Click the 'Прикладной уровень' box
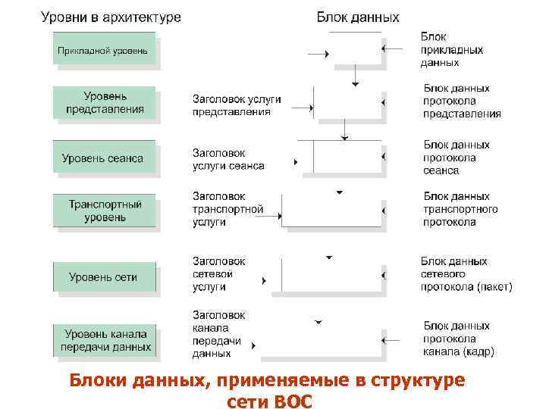(105, 51)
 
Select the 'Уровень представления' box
(105, 102)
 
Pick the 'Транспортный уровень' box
(105, 211)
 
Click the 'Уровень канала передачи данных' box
(105, 340)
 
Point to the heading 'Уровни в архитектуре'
(111, 17)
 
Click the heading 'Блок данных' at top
(357, 17)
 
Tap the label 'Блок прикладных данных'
(451, 49)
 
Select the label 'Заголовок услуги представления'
(237, 105)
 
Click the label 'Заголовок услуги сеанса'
(228, 159)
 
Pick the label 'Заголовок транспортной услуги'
(227, 209)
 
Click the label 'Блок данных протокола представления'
(462, 101)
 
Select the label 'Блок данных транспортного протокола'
(460, 209)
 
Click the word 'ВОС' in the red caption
(290, 400)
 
